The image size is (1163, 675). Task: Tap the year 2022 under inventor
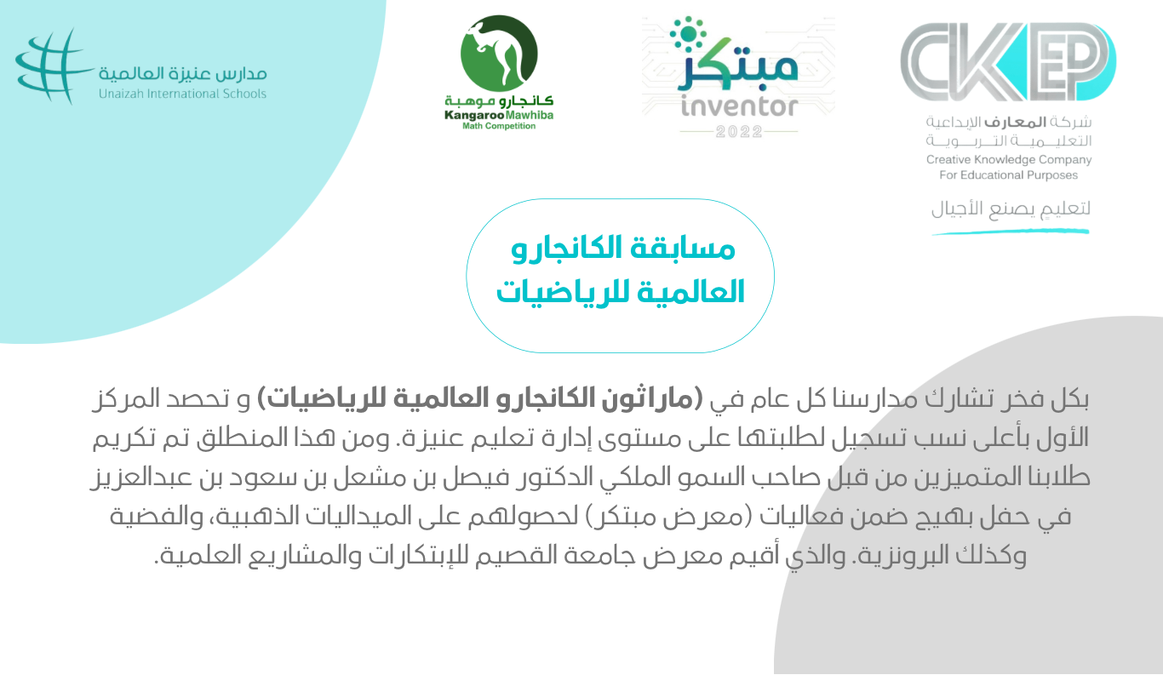tap(739, 131)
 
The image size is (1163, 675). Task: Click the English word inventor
tap(739, 106)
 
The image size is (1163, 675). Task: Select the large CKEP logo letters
tap(1008, 62)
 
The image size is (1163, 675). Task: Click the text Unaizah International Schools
tap(182, 94)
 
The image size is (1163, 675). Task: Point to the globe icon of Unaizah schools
tap(51, 66)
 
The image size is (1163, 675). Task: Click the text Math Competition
tap(499, 126)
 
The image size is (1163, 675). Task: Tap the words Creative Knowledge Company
tap(1009, 160)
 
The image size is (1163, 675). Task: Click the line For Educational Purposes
tap(1008, 175)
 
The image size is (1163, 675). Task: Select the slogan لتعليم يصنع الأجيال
tap(1011, 209)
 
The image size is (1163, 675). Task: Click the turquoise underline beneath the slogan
tap(1011, 232)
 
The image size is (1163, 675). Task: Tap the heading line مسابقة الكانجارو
tap(623, 249)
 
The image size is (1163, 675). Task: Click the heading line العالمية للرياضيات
tap(621, 292)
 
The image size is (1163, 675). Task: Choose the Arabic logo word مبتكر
tap(738, 66)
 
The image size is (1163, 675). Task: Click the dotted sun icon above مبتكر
tap(688, 34)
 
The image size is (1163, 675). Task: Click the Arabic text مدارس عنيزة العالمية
tap(183, 74)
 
